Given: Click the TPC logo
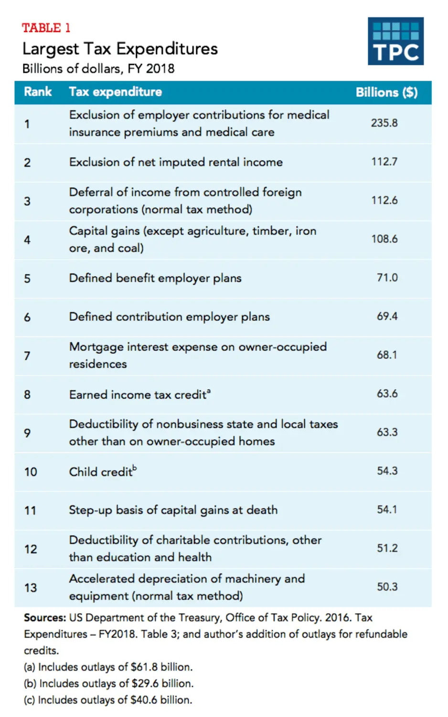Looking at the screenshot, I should point(395,41).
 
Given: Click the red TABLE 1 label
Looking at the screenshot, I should point(46,28).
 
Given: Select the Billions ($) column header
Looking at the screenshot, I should point(386,92).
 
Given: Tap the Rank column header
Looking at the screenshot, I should point(38,92).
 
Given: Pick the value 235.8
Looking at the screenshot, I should point(384,123).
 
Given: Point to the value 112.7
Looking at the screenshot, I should point(384,162).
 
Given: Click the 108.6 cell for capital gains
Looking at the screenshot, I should point(384,239).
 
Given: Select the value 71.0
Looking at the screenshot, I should point(387,278).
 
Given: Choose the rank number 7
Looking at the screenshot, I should point(27,356).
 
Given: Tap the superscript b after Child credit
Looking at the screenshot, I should point(135,468).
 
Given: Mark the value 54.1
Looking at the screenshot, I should point(387,510).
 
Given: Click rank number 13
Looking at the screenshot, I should point(31,588).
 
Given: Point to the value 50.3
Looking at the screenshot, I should point(387,587).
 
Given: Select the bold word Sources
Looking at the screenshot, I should point(44,618).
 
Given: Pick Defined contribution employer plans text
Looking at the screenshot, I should point(169,317).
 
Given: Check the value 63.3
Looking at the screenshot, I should point(387,432).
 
